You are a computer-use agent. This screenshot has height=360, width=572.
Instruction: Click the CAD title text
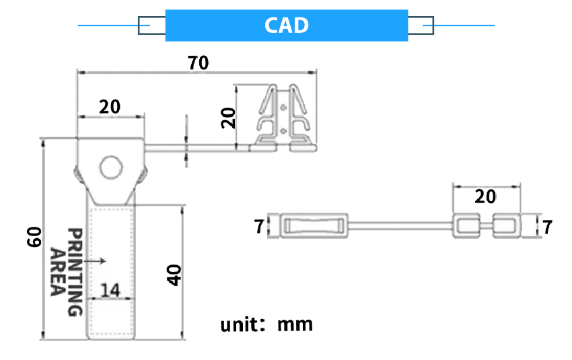287,26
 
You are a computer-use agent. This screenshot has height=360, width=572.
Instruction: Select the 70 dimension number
198,63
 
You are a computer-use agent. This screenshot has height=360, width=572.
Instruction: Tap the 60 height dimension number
35,237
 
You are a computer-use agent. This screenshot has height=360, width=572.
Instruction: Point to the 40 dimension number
174,275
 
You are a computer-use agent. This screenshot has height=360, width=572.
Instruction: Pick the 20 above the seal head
110,106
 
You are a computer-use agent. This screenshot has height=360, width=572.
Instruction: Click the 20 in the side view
485,196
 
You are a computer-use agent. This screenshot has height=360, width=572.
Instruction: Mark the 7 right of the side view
547,227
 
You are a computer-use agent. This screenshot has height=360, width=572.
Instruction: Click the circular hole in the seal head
110,167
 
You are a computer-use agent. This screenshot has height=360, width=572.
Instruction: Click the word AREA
58,272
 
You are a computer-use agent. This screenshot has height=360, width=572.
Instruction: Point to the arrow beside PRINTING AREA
98,260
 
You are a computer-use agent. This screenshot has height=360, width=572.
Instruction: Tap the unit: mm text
267,324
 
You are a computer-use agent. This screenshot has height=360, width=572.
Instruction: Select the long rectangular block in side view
312,226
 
